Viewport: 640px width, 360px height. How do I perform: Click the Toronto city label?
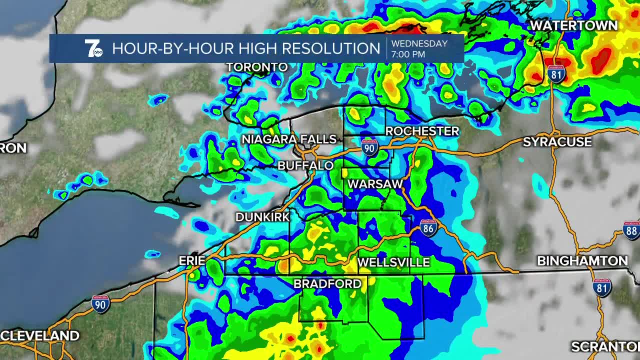pyautogui.click(x=257, y=67)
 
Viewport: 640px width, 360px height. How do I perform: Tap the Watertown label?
pyautogui.click(x=573, y=25)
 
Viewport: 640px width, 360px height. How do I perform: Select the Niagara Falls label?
pyautogui.click(x=289, y=139)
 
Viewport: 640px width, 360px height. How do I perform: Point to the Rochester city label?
pyautogui.click(x=422, y=131)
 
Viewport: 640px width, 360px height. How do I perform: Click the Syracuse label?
pyautogui.click(x=557, y=142)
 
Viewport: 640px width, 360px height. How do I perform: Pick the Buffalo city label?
pyautogui.click(x=305, y=165)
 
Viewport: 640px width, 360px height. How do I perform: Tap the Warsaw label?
pyautogui.click(x=375, y=184)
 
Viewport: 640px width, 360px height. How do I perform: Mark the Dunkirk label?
pyautogui.click(x=262, y=217)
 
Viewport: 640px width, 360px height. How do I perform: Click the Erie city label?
pyautogui.click(x=192, y=260)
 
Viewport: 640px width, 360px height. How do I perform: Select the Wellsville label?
pyautogui.click(x=393, y=262)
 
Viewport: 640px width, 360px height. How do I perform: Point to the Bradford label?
pyautogui.click(x=327, y=284)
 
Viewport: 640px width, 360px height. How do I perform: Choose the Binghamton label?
pyautogui.click(x=582, y=261)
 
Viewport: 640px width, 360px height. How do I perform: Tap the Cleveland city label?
pyautogui.click(x=40, y=335)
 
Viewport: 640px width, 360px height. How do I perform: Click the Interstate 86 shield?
pyautogui.click(x=428, y=227)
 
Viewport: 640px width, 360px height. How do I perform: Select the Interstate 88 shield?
pyautogui.click(x=631, y=229)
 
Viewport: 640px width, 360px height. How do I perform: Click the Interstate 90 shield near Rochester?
pyautogui.click(x=369, y=147)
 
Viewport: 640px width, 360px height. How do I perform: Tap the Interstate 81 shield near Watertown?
pyautogui.click(x=555, y=74)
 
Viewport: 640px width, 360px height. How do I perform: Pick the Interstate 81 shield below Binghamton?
pyautogui.click(x=601, y=287)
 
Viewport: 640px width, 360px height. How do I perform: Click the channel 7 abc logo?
pyautogui.click(x=93, y=48)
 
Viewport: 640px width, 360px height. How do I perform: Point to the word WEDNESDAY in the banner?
pyautogui.click(x=419, y=43)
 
